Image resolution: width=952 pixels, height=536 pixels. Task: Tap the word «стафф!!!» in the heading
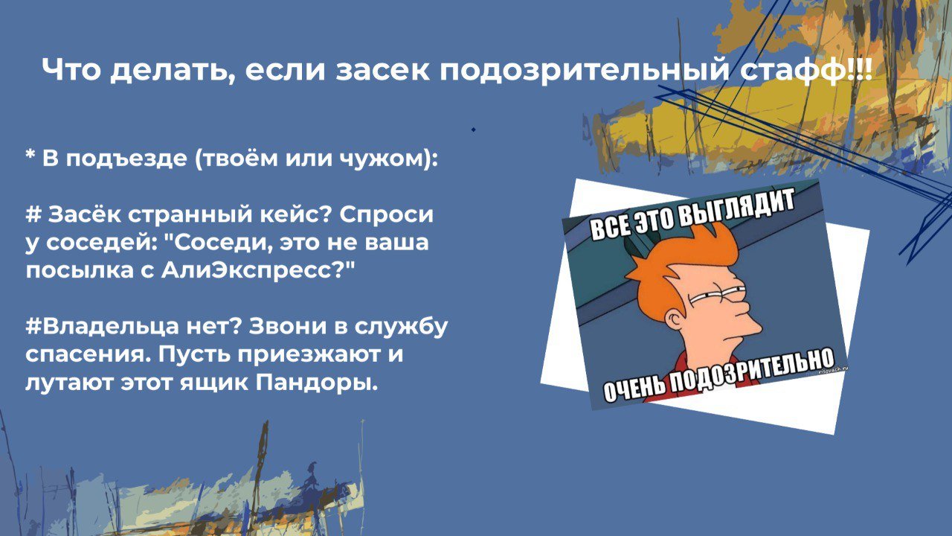[x=805, y=70]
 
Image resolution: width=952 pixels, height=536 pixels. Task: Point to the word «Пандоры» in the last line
[x=317, y=383]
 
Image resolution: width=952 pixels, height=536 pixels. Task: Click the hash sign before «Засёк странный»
[x=33, y=215]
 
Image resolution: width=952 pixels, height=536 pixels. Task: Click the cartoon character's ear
[x=677, y=318]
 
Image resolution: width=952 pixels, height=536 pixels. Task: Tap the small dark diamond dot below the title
[x=474, y=130]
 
